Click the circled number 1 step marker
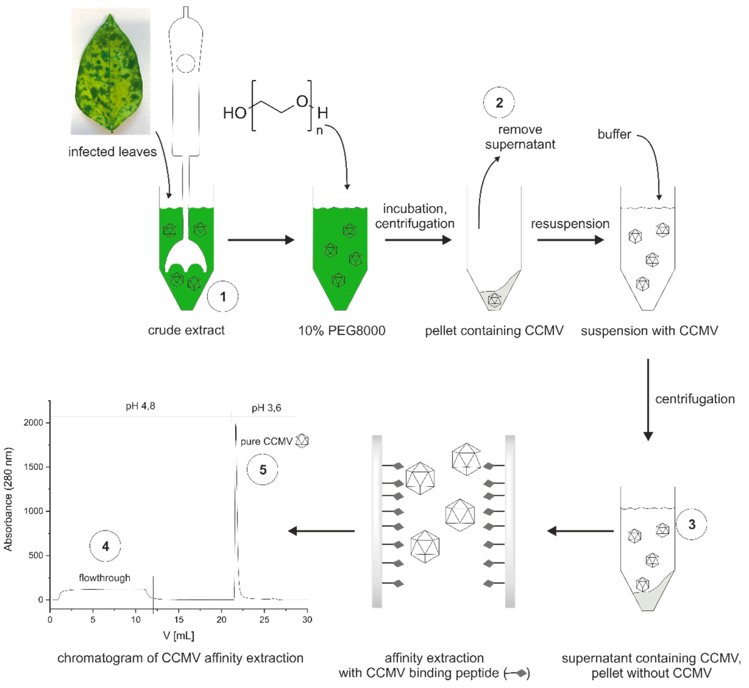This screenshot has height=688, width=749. [x=223, y=297]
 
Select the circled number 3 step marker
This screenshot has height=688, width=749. [x=691, y=525]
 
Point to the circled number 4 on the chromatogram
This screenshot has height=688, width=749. [x=105, y=546]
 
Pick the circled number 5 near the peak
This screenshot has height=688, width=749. [x=263, y=470]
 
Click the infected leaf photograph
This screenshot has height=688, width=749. [x=111, y=72]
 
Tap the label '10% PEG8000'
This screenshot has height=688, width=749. [x=342, y=331]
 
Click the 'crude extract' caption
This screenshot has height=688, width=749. [x=186, y=330]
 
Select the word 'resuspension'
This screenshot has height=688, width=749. [x=570, y=224]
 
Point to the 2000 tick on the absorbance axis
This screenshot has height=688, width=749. [x=34, y=423]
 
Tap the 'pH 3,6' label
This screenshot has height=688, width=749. [x=266, y=408]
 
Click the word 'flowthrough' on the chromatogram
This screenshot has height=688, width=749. [x=105, y=578]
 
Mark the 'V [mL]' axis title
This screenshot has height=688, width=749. [x=179, y=635]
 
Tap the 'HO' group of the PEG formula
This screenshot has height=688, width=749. [x=234, y=113]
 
